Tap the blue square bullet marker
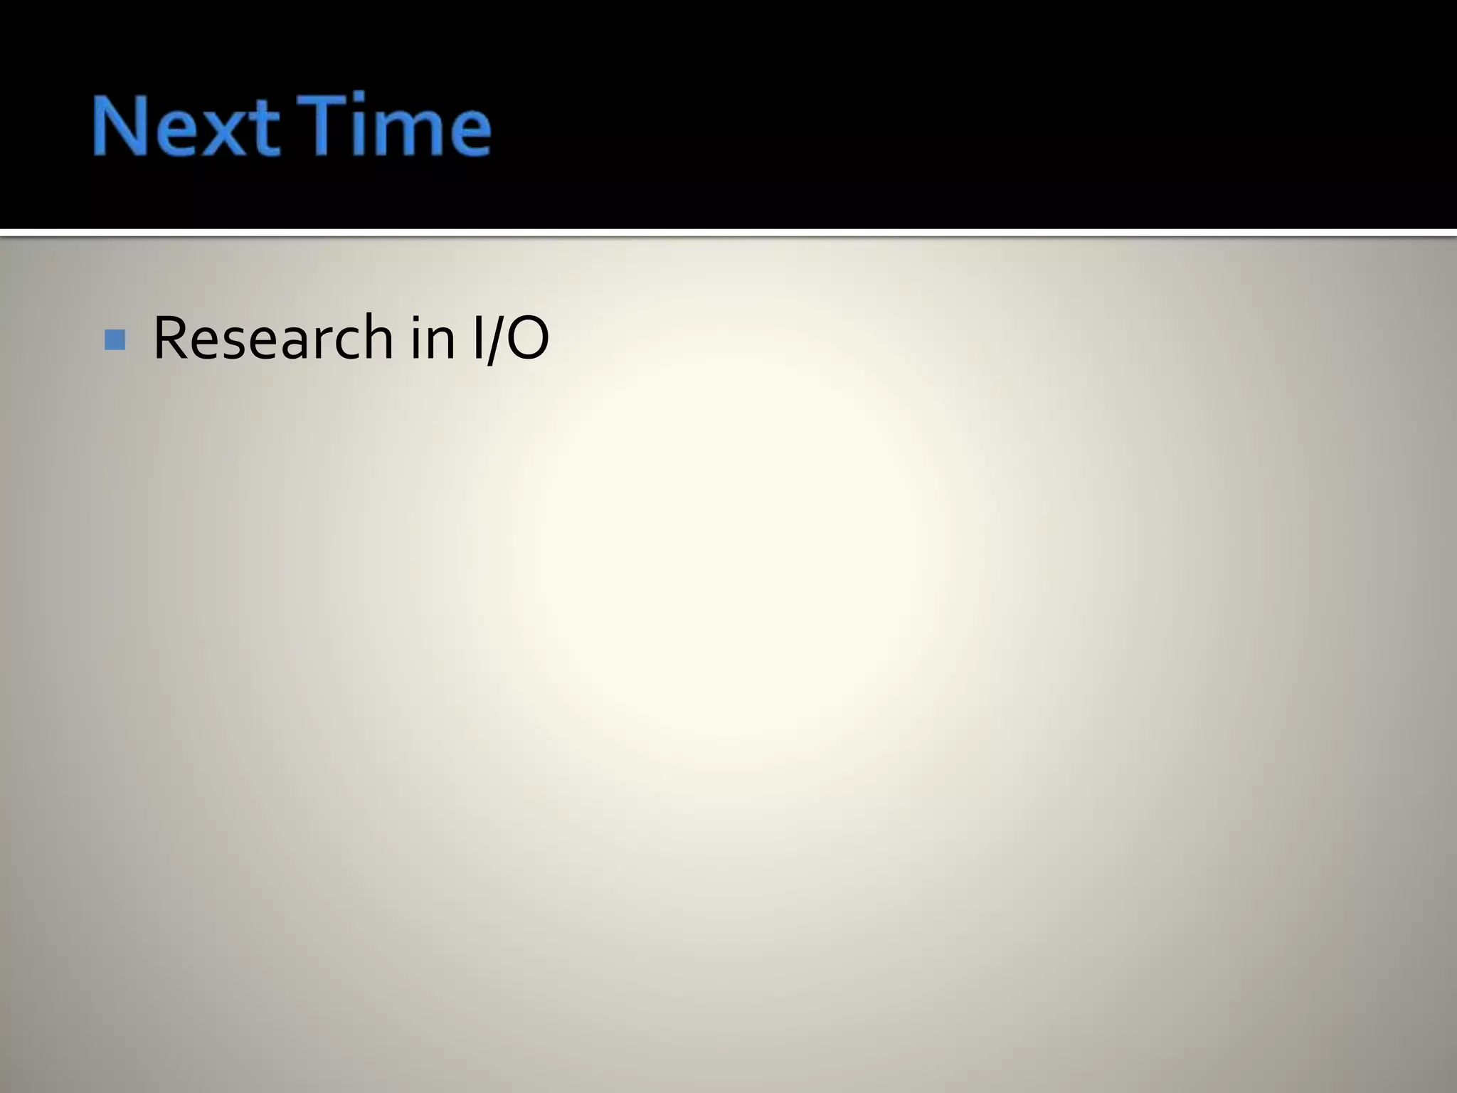[115, 339]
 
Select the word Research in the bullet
[273, 338]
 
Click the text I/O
[511, 338]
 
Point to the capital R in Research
[171, 338]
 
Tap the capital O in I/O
[526, 338]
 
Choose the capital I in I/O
[477, 338]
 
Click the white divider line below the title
[728, 232]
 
